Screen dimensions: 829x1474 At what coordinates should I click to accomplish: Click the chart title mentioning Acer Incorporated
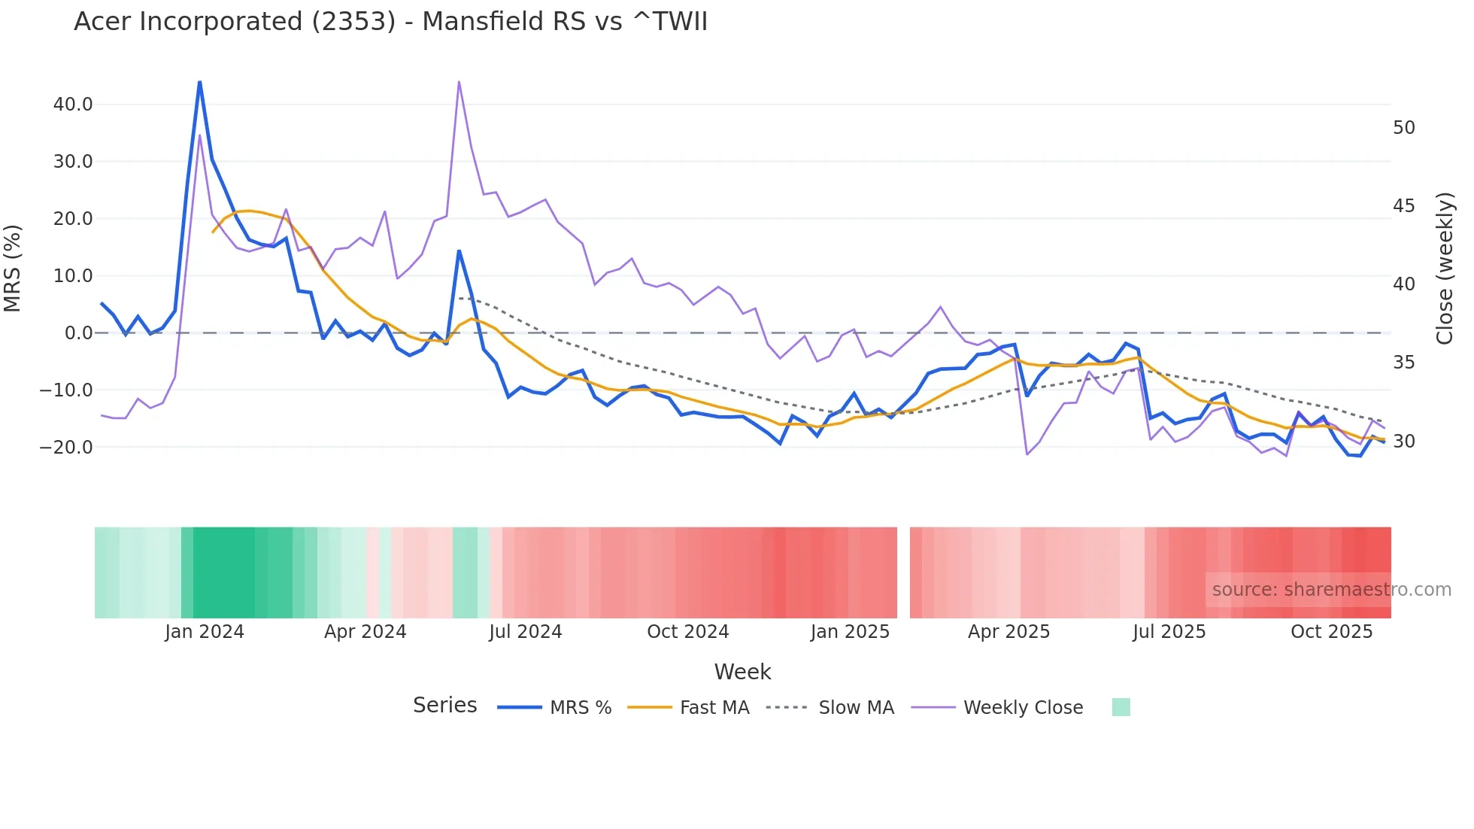point(390,22)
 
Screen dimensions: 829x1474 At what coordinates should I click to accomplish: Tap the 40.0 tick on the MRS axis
point(73,105)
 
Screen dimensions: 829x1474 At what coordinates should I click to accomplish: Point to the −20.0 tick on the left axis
point(66,448)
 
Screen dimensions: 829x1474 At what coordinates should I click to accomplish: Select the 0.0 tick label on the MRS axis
point(78,333)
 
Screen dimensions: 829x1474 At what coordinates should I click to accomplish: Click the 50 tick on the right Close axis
point(1403,128)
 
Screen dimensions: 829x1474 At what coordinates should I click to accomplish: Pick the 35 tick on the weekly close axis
point(1403,363)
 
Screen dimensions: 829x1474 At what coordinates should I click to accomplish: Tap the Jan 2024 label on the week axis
point(205,632)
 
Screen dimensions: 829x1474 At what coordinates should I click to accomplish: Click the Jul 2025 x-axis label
point(1169,632)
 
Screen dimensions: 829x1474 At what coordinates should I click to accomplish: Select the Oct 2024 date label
point(687,632)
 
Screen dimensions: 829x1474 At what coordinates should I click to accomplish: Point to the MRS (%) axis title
point(13,268)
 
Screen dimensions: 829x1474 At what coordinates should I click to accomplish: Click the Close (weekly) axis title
point(1444,269)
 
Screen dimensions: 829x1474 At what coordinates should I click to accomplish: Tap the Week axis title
point(742,672)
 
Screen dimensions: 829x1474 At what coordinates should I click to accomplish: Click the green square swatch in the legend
point(1121,707)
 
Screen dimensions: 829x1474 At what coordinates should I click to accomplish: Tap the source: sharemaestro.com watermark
point(1331,590)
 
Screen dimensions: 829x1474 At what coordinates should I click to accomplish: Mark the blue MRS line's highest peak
point(199,81)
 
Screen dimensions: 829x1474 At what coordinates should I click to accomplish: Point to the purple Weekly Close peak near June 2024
point(459,82)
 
